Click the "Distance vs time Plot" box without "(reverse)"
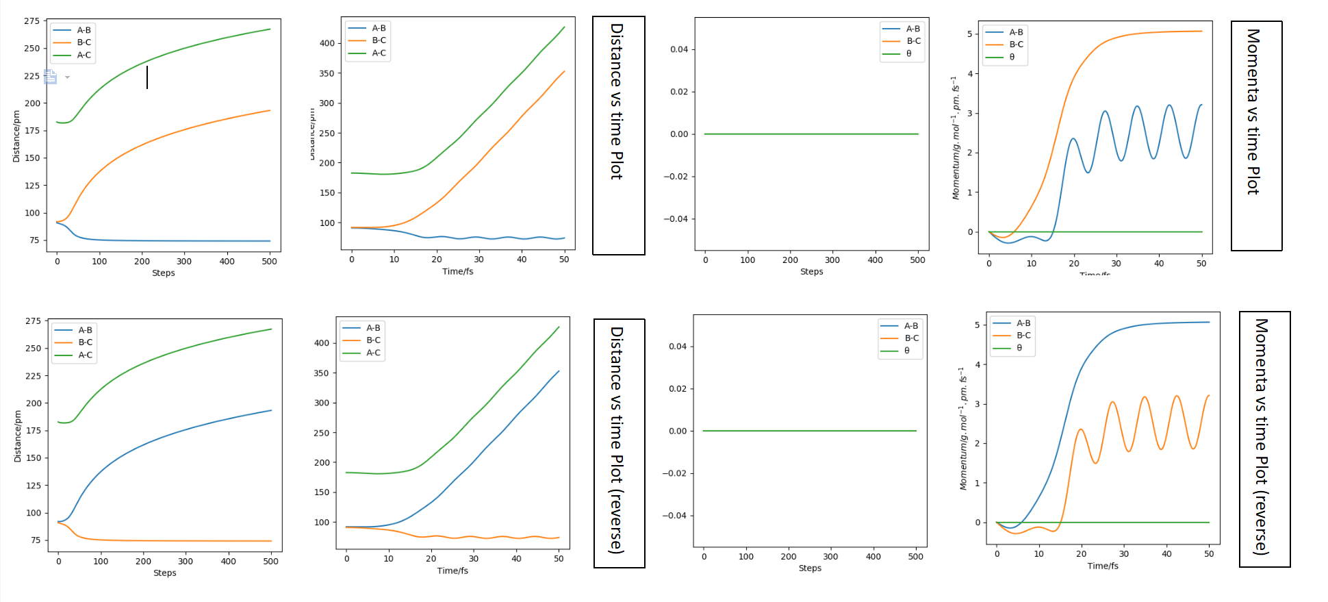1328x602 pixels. tap(618, 136)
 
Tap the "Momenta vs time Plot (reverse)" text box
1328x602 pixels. tap(1264, 439)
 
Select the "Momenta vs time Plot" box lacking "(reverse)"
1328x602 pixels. tap(1256, 136)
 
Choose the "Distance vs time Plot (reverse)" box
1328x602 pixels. tap(619, 443)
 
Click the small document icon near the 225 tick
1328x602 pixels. tap(51, 77)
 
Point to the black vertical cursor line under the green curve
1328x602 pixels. tap(147, 77)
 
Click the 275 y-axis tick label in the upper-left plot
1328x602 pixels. tap(32, 21)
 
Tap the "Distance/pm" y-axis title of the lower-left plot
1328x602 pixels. tap(18, 436)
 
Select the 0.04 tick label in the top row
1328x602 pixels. tap(678, 49)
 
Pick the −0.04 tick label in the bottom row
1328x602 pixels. tap(674, 516)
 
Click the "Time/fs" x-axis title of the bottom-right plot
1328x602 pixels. tap(1103, 566)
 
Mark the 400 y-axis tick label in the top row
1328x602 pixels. tap(327, 43)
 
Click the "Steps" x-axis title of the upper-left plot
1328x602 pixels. tap(164, 273)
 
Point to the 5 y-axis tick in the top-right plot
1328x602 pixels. tap(969, 34)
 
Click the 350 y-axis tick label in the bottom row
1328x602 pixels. tap(322, 373)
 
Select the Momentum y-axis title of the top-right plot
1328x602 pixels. tap(956, 138)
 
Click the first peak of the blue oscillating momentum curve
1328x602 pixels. tap(1073, 139)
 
